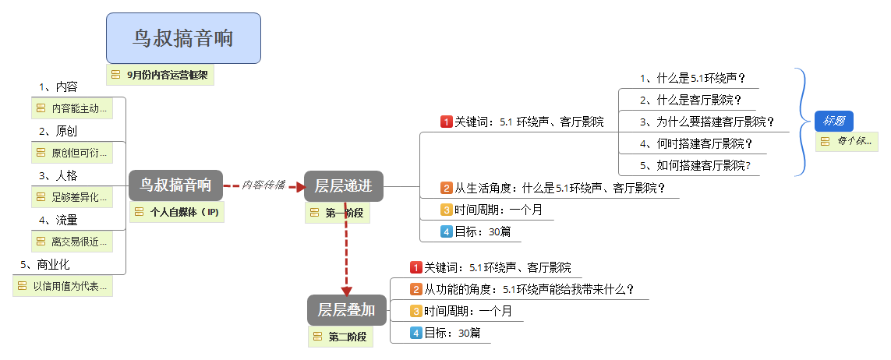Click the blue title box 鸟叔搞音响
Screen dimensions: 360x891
[x=183, y=38]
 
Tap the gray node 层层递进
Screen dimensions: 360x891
[x=344, y=185]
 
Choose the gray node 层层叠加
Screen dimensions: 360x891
[x=345, y=310]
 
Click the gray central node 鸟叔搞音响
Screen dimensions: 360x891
[x=175, y=185]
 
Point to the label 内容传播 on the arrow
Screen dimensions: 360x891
[x=263, y=185]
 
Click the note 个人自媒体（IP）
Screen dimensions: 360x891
[x=177, y=212]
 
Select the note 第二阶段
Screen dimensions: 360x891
[x=340, y=337]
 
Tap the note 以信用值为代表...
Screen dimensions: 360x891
[x=64, y=286]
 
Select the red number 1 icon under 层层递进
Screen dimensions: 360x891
[x=447, y=122]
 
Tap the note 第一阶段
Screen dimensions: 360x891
[x=338, y=212]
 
